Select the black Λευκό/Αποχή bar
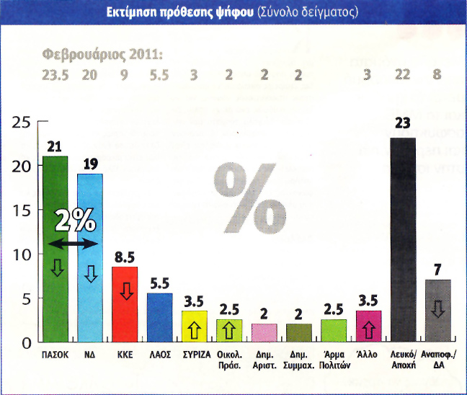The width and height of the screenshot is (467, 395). point(404,238)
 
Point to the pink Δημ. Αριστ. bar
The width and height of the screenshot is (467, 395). point(264,332)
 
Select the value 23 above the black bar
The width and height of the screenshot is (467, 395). point(404,123)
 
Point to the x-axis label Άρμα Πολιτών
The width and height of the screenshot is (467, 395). point(334,359)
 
